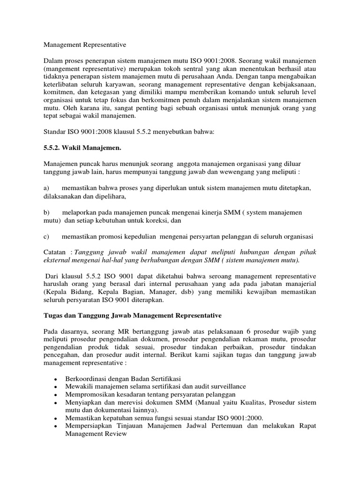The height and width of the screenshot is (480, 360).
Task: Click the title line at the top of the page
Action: coord(85,45)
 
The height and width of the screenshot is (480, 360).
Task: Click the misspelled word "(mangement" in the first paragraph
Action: coord(60,69)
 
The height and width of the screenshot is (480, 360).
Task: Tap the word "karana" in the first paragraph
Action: coord(91,108)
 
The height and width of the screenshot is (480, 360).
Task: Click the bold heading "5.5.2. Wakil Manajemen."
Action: coord(82,148)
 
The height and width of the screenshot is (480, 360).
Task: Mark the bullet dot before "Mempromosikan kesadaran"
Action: coord(56,396)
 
